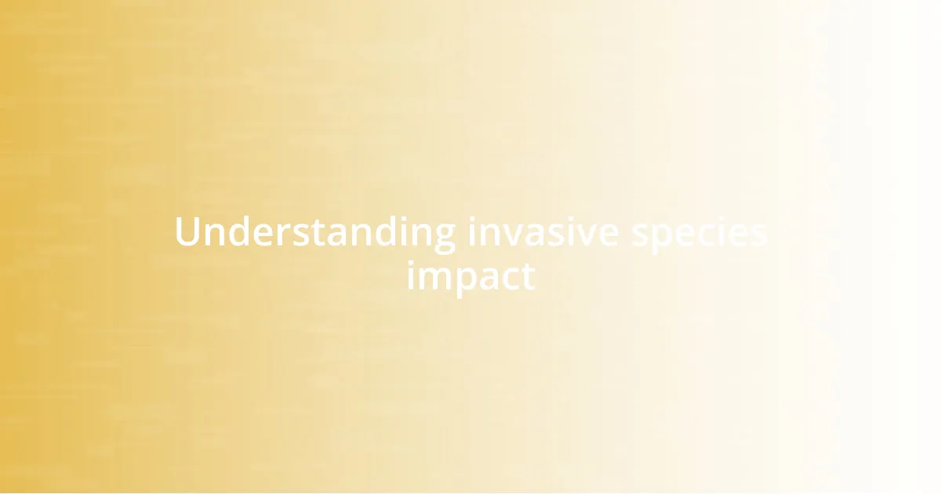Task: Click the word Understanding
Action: (314, 233)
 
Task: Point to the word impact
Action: (470, 276)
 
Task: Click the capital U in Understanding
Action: (187, 233)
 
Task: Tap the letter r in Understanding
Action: (288, 234)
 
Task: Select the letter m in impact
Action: (434, 278)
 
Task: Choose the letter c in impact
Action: (514, 278)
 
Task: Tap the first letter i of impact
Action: (411, 276)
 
